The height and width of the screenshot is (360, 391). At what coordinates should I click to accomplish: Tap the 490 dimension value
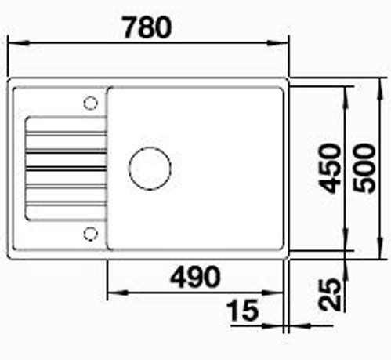point(194,276)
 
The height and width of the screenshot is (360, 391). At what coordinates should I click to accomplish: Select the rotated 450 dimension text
point(331,169)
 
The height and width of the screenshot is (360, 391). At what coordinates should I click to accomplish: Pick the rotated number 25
point(331,294)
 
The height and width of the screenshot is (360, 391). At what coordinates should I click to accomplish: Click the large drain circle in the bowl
point(150,168)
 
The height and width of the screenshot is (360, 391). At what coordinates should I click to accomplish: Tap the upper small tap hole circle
point(91,103)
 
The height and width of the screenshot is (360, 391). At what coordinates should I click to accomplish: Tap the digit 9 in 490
point(194,276)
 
